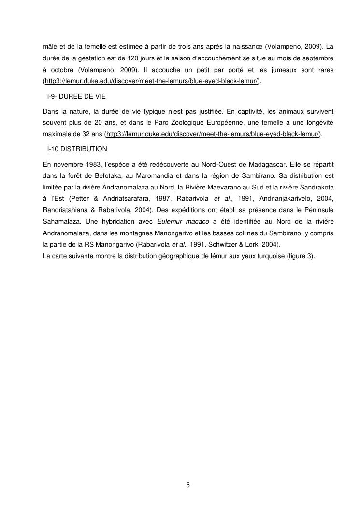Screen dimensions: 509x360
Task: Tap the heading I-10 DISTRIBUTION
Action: (x=77, y=148)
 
